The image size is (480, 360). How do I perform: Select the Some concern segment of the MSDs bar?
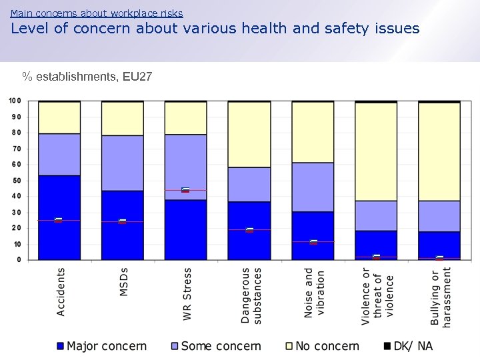point(123,163)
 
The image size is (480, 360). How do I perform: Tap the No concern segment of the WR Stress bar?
point(185,118)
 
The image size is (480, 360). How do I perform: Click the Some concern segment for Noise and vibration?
point(313,187)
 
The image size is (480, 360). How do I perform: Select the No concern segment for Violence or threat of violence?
point(376,152)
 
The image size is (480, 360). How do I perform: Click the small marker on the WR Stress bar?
point(185,190)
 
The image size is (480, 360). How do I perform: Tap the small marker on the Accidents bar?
point(59,220)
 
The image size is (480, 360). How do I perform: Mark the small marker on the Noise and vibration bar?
point(313,241)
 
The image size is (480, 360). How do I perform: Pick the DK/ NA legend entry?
point(408,346)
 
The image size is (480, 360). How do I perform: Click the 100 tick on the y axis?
point(15,101)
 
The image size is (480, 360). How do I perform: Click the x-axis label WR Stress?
point(187,294)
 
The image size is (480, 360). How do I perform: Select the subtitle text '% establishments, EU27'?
point(87,77)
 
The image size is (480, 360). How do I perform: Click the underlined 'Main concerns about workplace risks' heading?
point(97,13)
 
